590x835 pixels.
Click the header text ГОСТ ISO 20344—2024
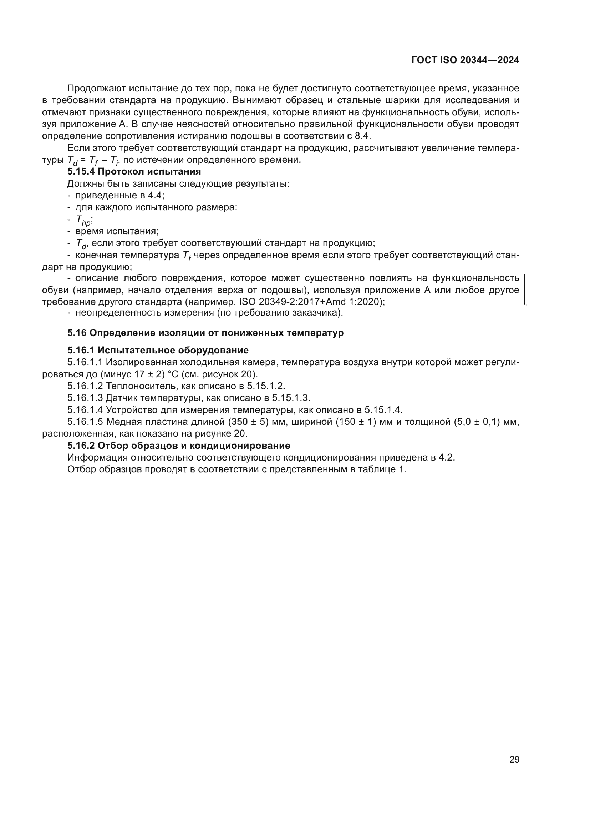pos(466,60)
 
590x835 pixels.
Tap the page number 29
pos(514,759)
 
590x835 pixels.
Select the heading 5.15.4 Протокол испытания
pos(134,171)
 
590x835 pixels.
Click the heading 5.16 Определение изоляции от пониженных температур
pos(205,333)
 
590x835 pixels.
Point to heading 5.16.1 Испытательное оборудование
pos(158,350)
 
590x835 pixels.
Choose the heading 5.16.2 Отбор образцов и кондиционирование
pos(179,446)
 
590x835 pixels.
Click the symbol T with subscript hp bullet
pos(84,220)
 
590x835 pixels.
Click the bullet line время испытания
pos(117,231)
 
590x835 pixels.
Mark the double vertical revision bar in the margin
pos(525,290)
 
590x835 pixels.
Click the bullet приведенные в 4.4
pos(119,196)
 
